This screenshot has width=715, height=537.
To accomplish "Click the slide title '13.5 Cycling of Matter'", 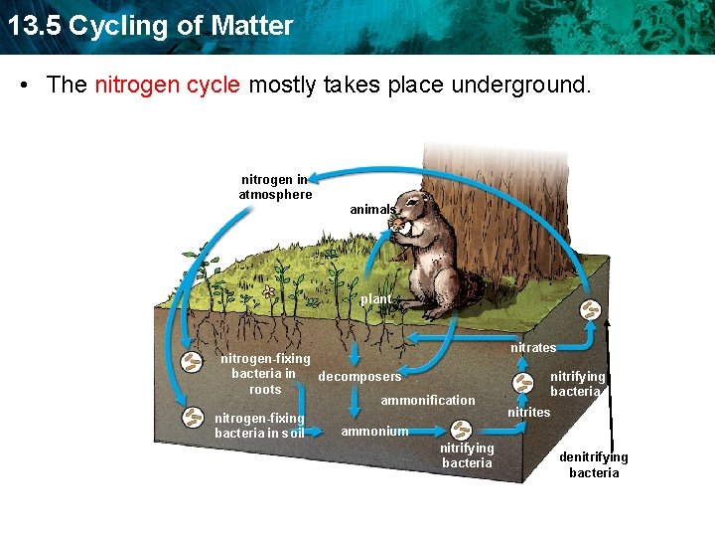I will pos(149,25).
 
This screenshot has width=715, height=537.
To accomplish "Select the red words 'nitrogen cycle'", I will pos(167,85).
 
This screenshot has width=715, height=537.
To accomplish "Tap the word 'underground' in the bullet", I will pos(519,85).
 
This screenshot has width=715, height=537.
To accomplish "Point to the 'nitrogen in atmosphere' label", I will pos(275,187).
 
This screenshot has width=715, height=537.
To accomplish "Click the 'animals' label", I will pos(372,210).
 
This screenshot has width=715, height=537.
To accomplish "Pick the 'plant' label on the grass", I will pos(376,298).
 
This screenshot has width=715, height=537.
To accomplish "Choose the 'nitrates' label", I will pos(533,347).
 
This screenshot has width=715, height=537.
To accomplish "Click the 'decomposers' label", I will pos(359,377).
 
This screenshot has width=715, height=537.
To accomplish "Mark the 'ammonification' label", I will pos(428,400).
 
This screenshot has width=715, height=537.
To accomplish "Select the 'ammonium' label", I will pos(374,431).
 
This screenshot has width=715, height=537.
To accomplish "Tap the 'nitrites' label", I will pos(528,412).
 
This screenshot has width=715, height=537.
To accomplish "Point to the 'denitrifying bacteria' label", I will pos(594,464).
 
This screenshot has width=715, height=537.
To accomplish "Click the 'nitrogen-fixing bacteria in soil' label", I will pos(259,426).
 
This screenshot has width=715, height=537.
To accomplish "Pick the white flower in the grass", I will pos(268,292).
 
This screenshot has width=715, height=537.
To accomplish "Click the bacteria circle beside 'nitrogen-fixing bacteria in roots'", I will pos(191,363).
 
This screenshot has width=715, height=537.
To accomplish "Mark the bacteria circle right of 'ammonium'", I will pos(462,431).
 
